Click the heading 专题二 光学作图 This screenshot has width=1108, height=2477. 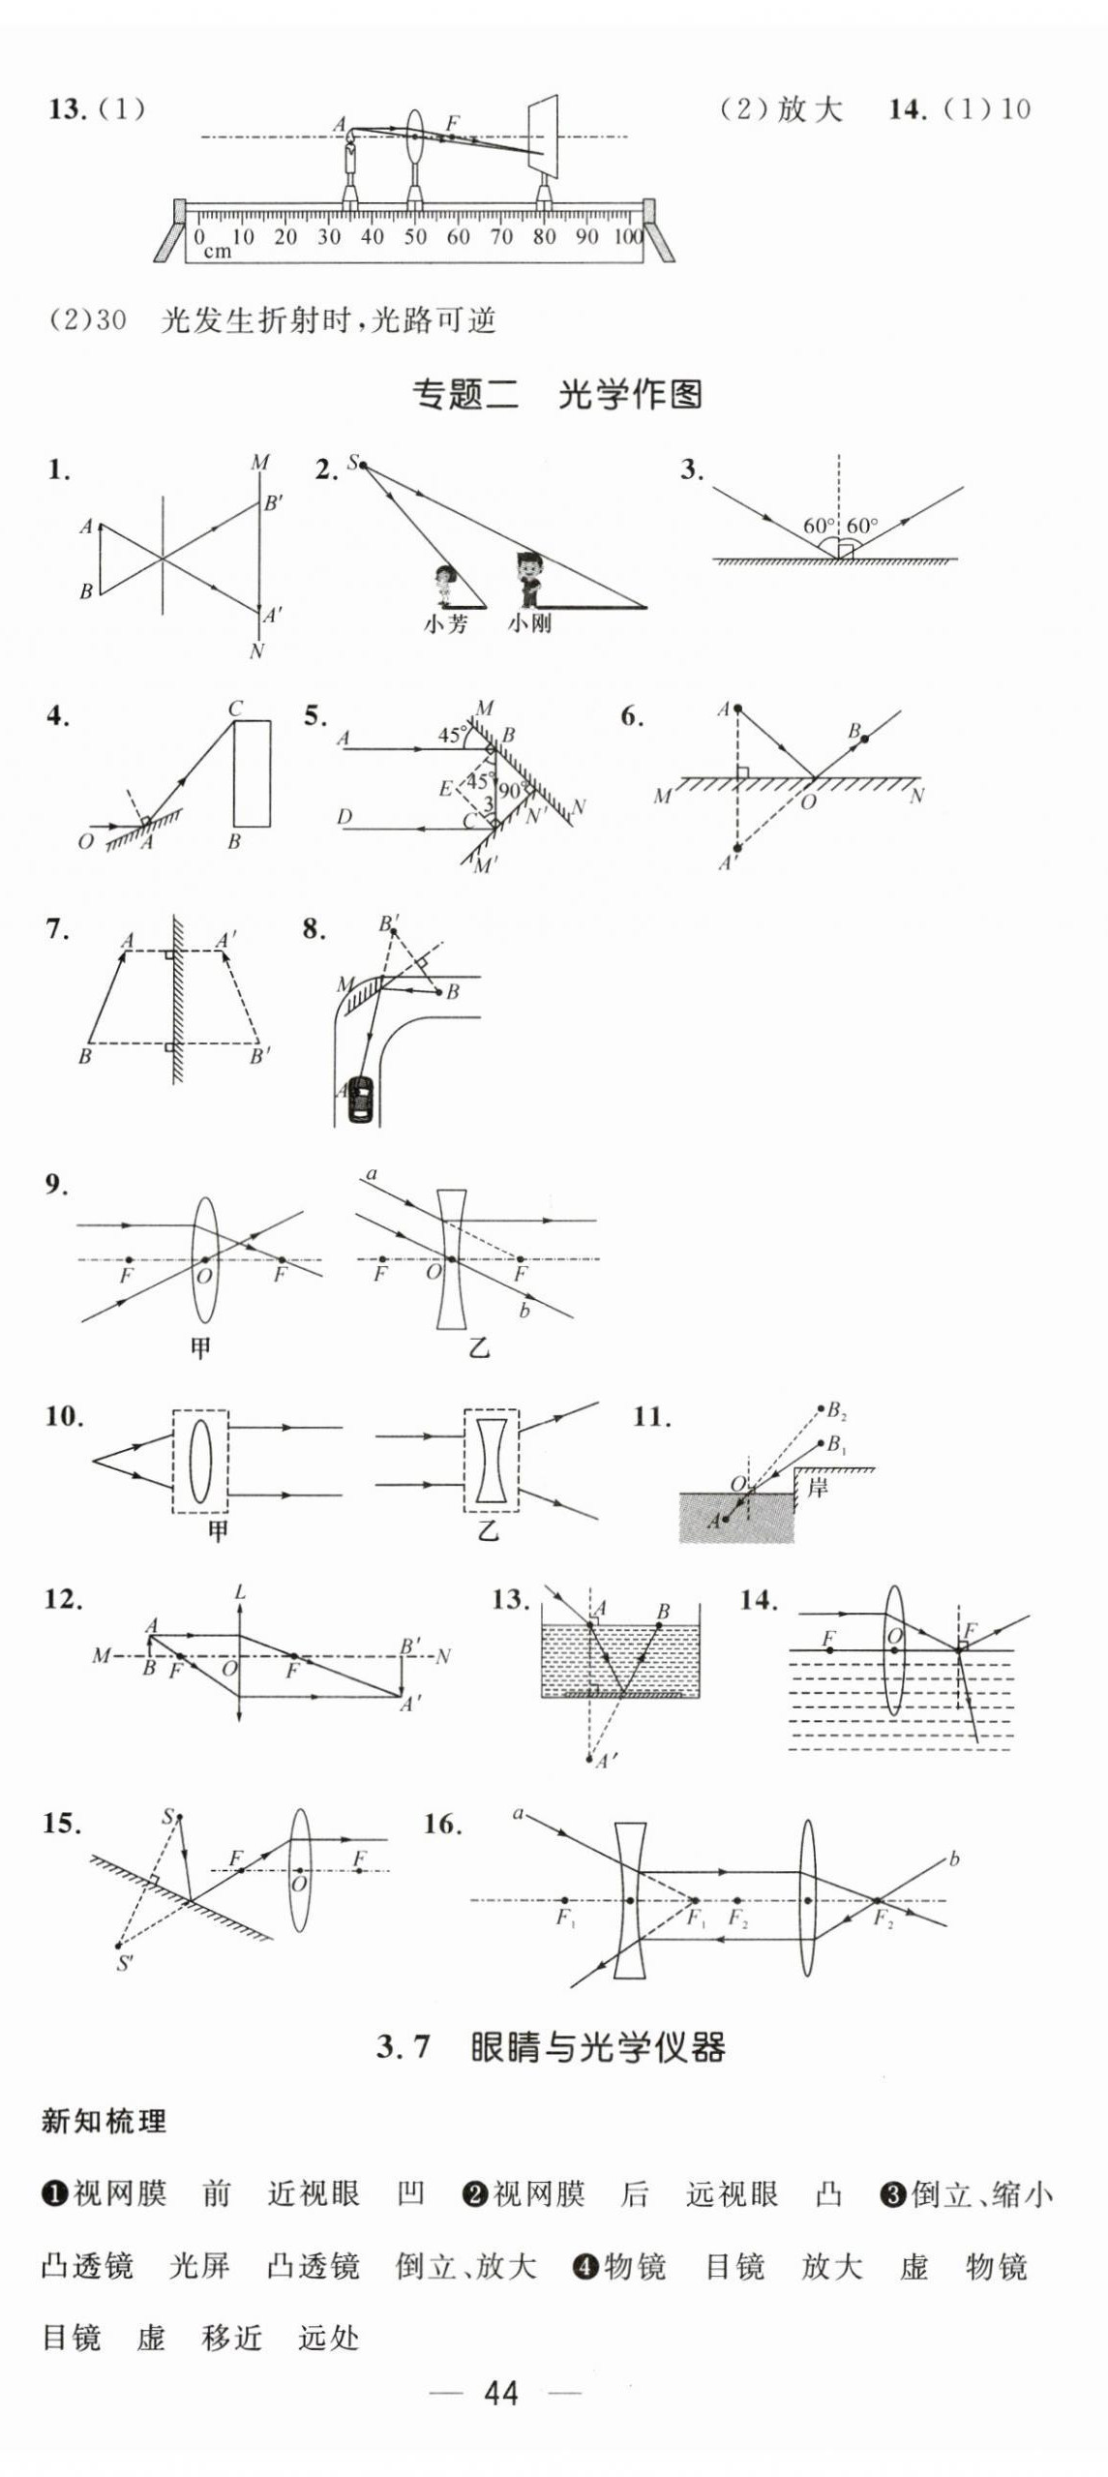(556, 395)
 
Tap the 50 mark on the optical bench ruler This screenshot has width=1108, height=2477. (415, 237)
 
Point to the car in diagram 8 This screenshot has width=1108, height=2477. (360, 1100)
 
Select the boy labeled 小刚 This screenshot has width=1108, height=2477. (527, 579)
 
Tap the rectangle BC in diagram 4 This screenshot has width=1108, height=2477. (253, 773)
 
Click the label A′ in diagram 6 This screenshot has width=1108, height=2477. (727, 861)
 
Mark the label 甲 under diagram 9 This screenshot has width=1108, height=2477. (200, 1347)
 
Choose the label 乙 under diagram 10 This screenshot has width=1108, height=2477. (488, 1529)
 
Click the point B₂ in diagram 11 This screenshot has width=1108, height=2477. (822, 1410)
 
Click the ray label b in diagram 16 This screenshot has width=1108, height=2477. (954, 1858)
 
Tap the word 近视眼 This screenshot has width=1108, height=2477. (314, 2193)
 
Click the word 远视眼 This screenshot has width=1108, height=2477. (732, 2193)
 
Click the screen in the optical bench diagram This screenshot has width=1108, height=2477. (544, 136)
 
